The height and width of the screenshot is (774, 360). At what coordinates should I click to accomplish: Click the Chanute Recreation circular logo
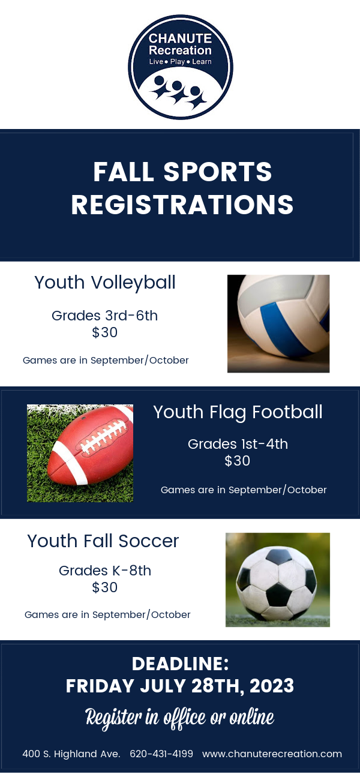click(180, 67)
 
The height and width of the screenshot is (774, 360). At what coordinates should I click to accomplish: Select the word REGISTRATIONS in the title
click(182, 205)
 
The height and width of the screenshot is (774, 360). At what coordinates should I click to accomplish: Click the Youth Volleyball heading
click(105, 282)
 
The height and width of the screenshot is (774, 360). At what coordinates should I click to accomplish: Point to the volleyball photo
click(278, 323)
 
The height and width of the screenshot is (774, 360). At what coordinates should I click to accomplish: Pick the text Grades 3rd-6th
click(105, 316)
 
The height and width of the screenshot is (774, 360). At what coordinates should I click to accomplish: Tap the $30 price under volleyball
click(105, 332)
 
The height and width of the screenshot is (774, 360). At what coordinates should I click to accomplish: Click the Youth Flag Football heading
click(238, 412)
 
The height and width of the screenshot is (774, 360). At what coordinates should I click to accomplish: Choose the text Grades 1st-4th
click(238, 444)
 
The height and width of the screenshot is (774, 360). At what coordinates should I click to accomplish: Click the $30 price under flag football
click(238, 461)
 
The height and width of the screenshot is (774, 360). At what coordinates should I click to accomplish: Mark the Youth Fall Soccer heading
click(103, 541)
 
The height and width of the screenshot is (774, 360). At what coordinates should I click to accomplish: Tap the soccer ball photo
click(277, 580)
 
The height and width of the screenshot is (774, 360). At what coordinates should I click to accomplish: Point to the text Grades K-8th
click(105, 571)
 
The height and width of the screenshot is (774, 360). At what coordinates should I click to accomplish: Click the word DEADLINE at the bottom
click(180, 664)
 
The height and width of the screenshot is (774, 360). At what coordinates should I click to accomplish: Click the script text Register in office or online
click(180, 716)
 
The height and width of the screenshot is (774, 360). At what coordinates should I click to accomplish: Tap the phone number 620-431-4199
click(161, 754)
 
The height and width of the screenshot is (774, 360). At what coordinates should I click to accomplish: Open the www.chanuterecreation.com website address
click(272, 754)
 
